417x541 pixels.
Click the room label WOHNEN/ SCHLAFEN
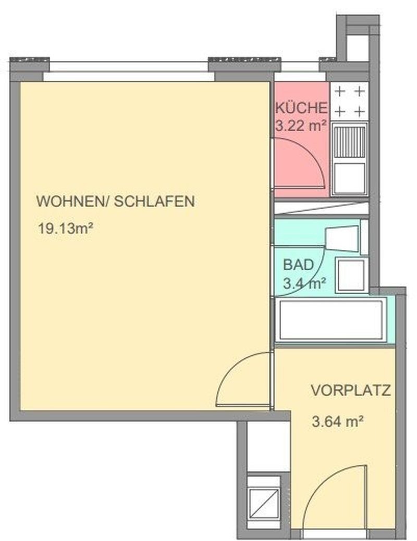click(x=115, y=201)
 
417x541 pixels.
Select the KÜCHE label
click(x=301, y=109)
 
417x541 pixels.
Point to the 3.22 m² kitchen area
click(x=301, y=125)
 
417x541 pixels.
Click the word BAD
click(x=299, y=265)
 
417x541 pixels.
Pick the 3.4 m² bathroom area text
click(x=304, y=284)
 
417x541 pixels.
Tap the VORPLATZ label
click(x=351, y=391)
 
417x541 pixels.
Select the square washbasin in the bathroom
click(x=350, y=274)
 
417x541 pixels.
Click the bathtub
click(x=331, y=320)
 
